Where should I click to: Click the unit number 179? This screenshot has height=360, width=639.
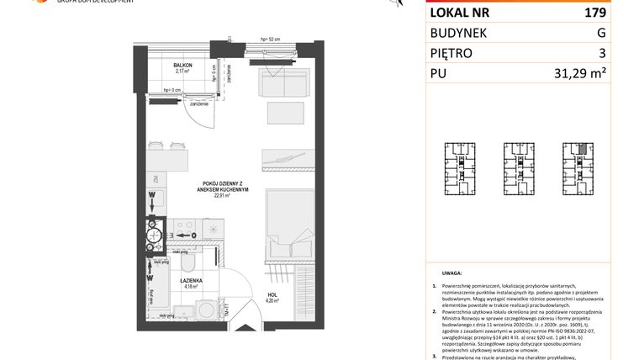(594, 13)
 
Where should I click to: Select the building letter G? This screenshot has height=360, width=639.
(600, 34)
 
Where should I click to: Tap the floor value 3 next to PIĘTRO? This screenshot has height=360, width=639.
(601, 53)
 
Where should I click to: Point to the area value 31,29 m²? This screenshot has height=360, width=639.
(581, 73)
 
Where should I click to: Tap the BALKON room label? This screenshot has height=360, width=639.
(183, 66)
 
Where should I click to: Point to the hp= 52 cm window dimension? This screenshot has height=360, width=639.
(270, 40)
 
